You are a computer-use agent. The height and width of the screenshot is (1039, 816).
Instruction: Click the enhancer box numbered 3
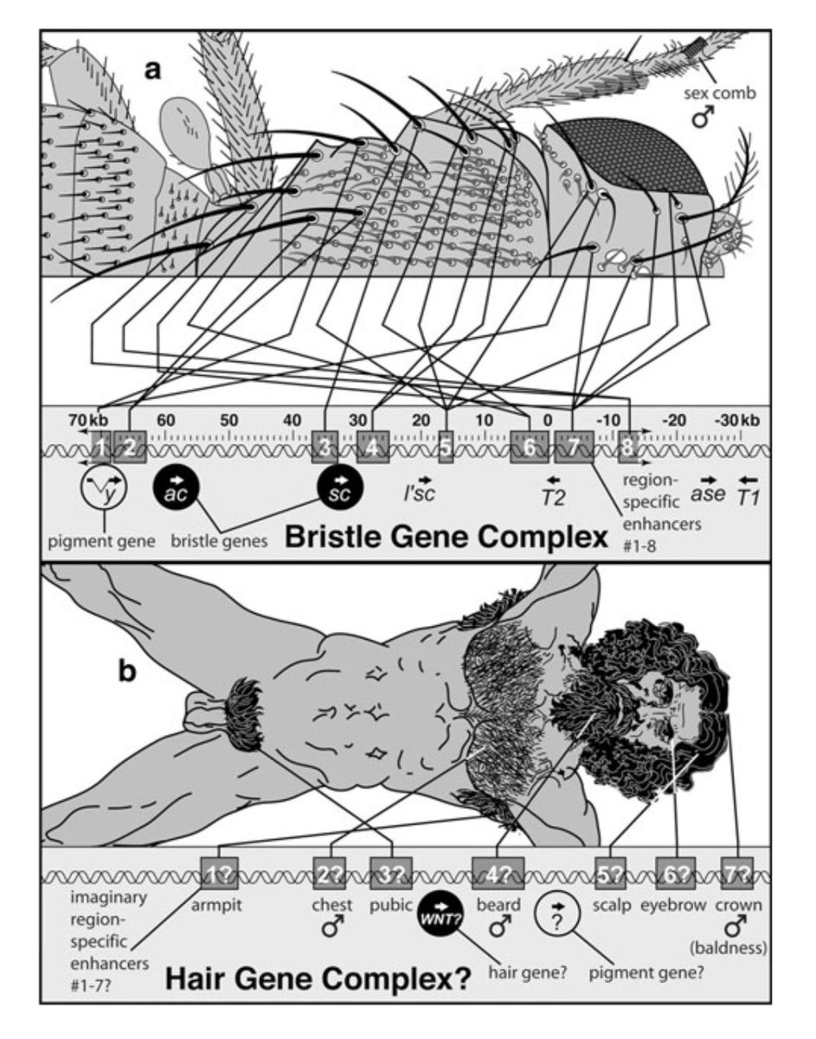tap(324, 447)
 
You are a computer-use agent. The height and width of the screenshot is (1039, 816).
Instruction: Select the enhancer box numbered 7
tap(573, 447)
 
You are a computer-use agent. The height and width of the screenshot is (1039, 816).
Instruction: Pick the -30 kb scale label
tap(736, 421)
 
